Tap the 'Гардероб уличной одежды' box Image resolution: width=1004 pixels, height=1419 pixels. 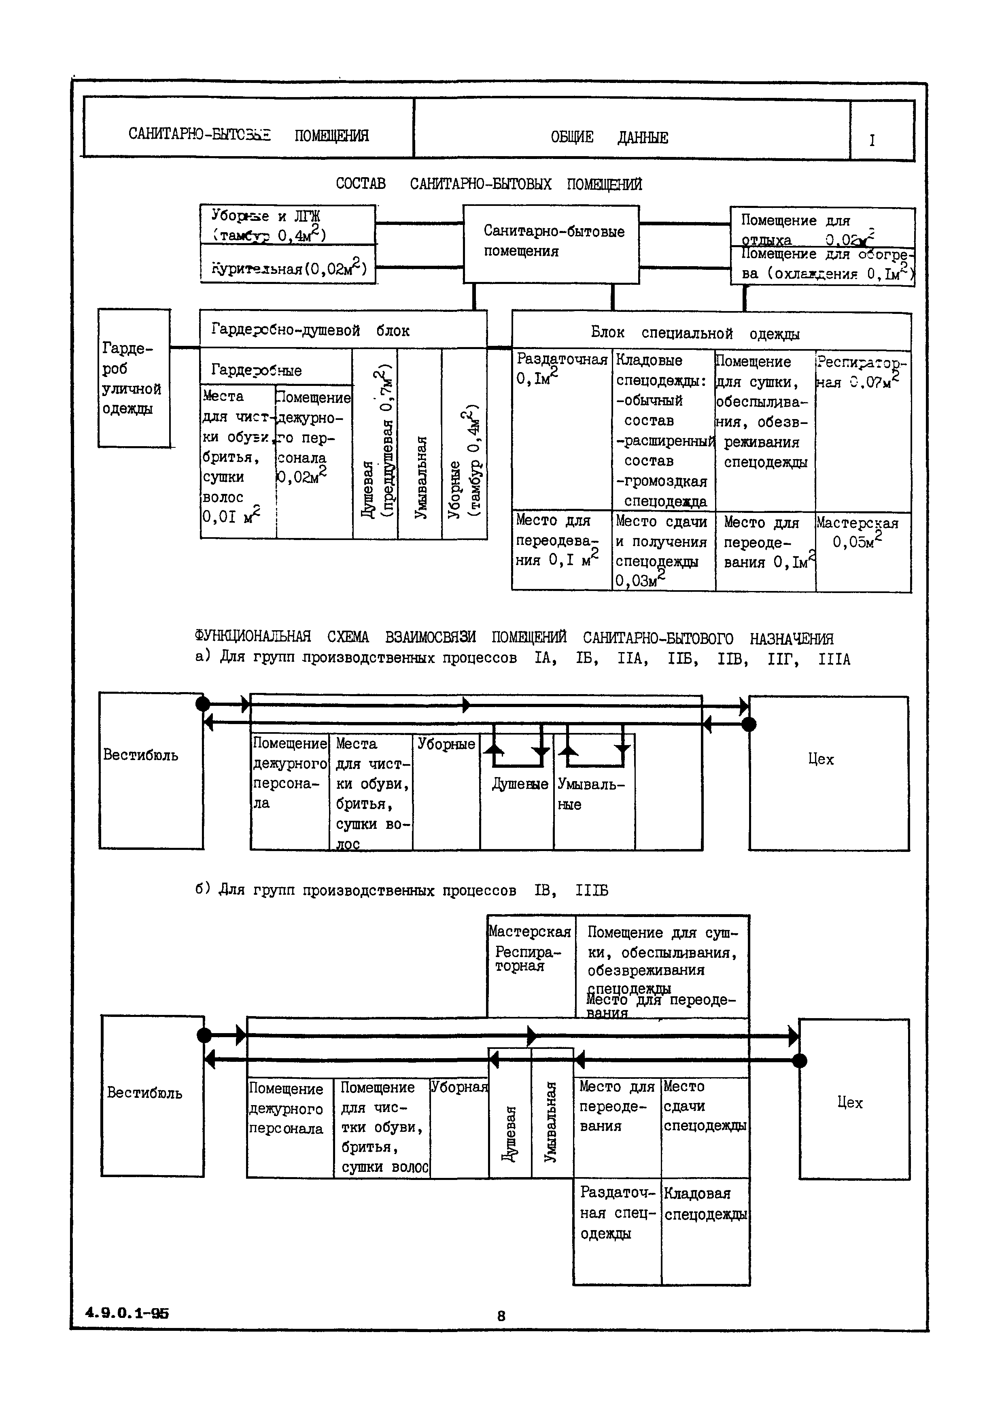pyautogui.click(x=134, y=378)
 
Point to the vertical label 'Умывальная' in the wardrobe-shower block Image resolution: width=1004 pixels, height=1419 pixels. pyautogui.click(x=420, y=477)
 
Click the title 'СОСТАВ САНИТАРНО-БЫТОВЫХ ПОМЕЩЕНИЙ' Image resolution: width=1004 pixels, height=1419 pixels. pyautogui.click(x=488, y=184)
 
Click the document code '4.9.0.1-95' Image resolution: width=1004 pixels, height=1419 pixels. pyautogui.click(x=127, y=1313)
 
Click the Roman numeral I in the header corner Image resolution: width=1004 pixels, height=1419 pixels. pyautogui.click(x=872, y=140)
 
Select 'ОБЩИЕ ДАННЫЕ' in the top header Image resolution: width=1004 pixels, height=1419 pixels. pyautogui.click(x=609, y=137)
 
